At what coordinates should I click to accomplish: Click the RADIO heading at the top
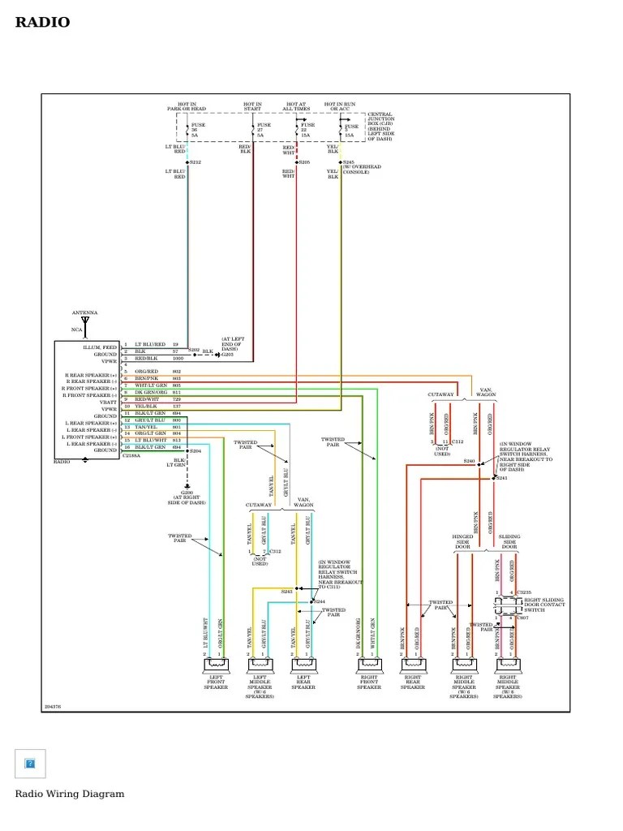(x=42, y=23)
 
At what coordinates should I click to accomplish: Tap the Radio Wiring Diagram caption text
(x=70, y=794)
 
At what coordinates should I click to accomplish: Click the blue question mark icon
(x=30, y=764)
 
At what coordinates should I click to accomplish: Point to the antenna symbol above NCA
(x=85, y=321)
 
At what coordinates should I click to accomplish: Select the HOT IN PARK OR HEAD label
(x=187, y=106)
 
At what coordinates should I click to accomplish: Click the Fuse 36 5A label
(x=197, y=130)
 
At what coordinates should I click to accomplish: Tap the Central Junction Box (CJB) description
(x=381, y=127)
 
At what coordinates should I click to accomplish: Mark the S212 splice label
(x=195, y=162)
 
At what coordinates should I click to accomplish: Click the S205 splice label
(x=304, y=162)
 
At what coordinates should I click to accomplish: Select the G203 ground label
(x=227, y=355)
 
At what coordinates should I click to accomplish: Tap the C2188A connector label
(x=131, y=456)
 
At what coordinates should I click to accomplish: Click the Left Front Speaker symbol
(x=216, y=665)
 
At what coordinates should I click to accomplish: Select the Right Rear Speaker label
(x=413, y=683)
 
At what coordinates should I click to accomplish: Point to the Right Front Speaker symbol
(x=368, y=665)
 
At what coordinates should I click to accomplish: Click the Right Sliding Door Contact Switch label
(x=544, y=605)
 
